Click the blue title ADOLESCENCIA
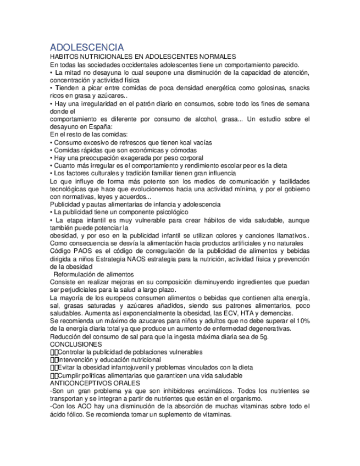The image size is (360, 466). click(x=87, y=47)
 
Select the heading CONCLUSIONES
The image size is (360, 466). click(x=76, y=344)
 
